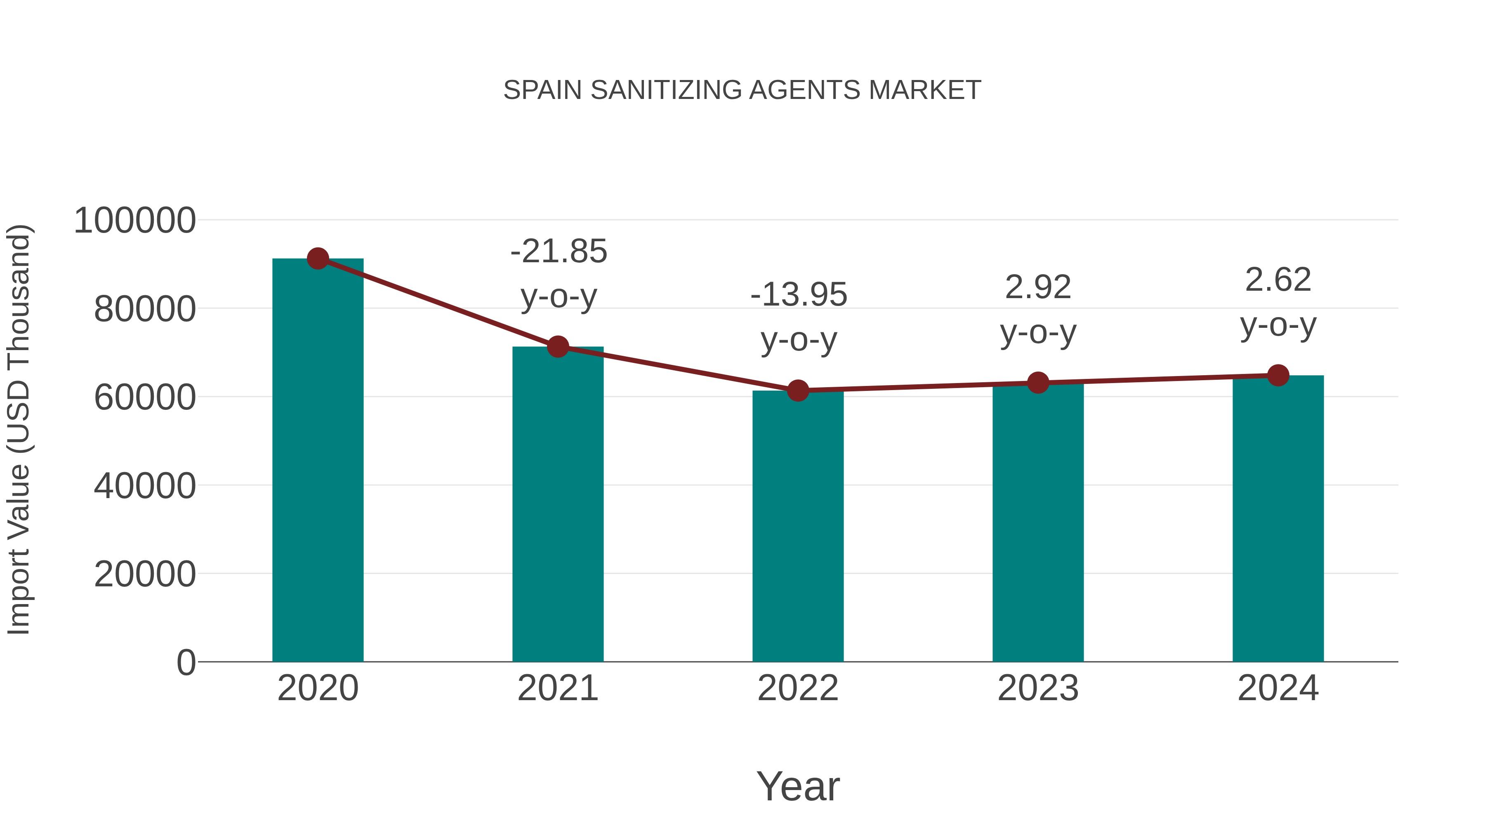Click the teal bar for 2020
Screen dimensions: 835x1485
[x=318, y=461]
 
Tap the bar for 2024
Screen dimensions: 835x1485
[x=1278, y=519]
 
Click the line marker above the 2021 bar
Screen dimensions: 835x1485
[x=557, y=347]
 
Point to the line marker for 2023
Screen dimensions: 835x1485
[x=1038, y=383]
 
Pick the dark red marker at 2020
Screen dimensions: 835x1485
[x=318, y=259]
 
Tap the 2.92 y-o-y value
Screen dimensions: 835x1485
[x=1038, y=287]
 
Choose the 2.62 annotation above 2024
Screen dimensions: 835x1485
[x=1278, y=280]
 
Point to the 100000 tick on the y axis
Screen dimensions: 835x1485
[x=135, y=221]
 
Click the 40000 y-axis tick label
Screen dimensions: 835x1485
[x=145, y=486]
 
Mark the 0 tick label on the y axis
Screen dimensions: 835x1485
[x=186, y=663]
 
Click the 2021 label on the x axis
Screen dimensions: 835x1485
[x=557, y=688]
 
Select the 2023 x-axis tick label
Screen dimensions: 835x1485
[x=1038, y=688]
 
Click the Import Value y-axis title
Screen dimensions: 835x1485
[x=19, y=429]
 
